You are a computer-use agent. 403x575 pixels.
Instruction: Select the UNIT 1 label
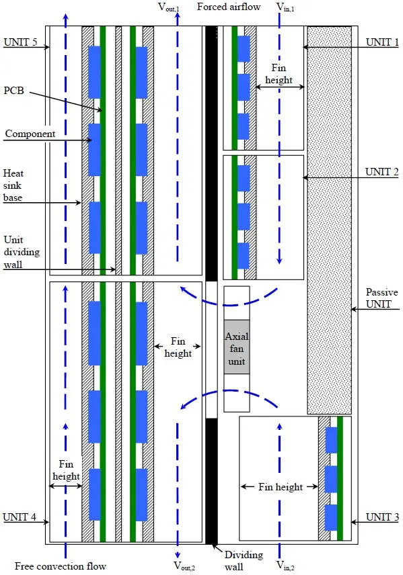pos(382,41)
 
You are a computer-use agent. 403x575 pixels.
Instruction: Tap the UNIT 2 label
pos(382,171)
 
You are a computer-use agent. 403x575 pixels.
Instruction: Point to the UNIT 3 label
pos(382,517)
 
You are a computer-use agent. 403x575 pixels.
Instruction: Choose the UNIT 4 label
pos(18,517)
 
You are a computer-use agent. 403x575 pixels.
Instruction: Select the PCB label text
pos(15,90)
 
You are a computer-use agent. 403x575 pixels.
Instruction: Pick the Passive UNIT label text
pos(382,298)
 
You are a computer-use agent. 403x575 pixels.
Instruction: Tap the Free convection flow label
pos(60,566)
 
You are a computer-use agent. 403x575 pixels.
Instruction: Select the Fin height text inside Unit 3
pos(281,486)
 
